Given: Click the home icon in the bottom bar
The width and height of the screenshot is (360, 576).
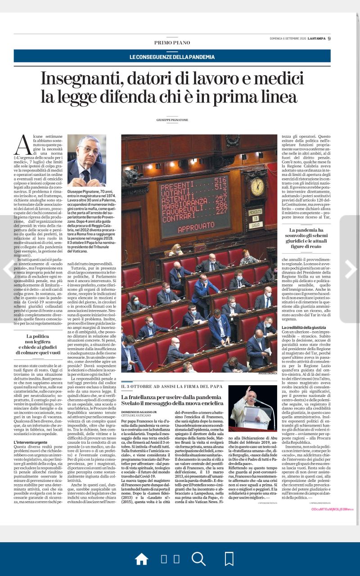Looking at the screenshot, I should click(141, 559).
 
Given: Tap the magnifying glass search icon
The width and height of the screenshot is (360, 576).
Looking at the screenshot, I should click(198, 559).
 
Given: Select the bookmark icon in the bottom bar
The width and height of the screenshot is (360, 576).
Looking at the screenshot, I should click(229, 559).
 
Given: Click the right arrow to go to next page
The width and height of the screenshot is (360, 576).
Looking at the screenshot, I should click(350, 269).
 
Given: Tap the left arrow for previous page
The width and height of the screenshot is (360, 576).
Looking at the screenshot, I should click(9, 269).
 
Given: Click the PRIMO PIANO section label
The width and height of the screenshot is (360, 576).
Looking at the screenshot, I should click(172, 43).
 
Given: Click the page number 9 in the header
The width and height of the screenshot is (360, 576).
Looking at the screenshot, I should click(329, 38).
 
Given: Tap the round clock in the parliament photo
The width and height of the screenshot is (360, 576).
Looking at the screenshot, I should click(256, 184).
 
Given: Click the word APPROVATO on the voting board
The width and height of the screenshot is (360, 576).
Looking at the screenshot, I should click(195, 228).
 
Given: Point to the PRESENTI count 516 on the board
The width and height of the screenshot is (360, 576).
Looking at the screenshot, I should click(220, 180).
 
